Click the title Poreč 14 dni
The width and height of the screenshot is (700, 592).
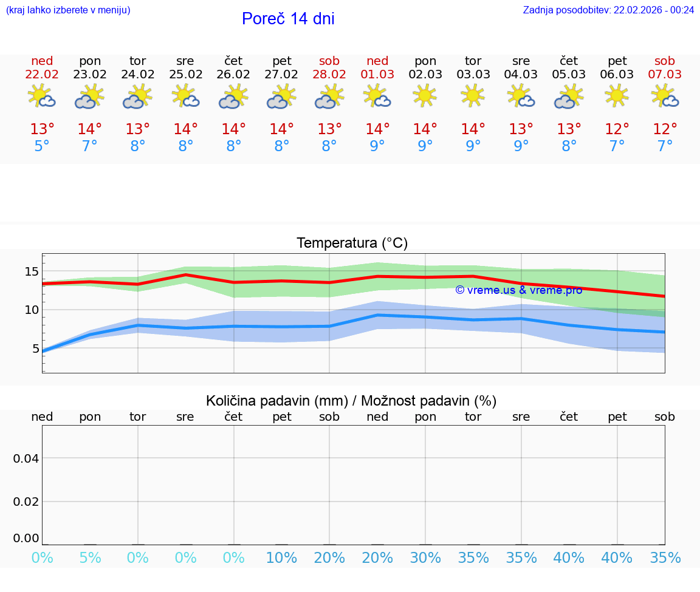tap(288, 19)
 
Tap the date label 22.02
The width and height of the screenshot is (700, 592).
tap(42, 74)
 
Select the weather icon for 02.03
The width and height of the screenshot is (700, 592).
tap(425, 95)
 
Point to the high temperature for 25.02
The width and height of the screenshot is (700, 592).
tap(186, 129)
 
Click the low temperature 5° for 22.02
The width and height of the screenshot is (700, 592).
tap(42, 146)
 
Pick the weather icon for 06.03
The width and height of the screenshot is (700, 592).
tap(617, 95)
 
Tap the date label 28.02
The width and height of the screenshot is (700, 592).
tap(329, 74)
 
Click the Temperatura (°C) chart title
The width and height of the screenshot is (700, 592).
tap(352, 243)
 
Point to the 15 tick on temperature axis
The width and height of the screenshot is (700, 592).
tap(31, 271)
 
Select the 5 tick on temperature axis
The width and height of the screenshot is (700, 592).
tap(35, 349)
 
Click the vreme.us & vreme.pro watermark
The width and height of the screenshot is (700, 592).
tap(518, 290)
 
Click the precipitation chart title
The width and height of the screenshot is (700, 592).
tap(351, 401)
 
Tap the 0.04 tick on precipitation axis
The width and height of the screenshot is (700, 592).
tap(26, 458)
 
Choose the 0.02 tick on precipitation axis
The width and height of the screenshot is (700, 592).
tap(26, 502)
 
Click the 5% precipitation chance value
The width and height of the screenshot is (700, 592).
tap(90, 558)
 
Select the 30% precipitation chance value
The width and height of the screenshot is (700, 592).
tap(425, 558)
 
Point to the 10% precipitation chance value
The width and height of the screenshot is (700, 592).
tap(282, 558)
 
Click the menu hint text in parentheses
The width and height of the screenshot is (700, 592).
tap(68, 10)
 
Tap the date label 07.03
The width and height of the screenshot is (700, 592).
tap(665, 74)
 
